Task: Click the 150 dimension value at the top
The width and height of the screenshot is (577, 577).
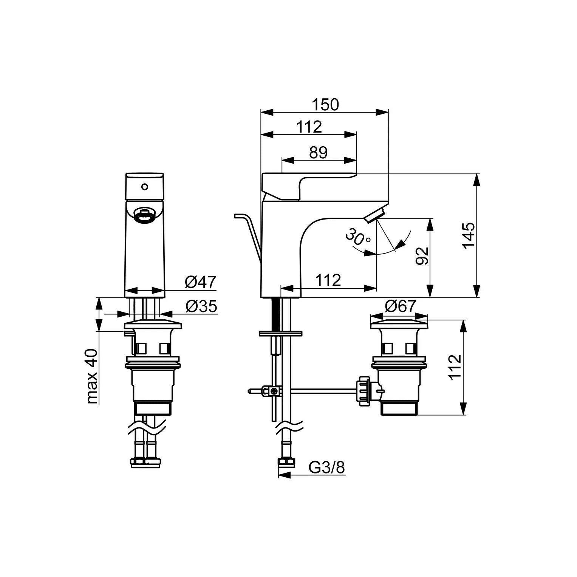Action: (x=325, y=105)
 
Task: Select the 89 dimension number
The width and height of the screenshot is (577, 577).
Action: (x=318, y=153)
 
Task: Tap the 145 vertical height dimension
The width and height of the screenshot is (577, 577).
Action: (x=468, y=235)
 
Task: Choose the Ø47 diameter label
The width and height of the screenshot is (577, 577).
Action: (x=200, y=282)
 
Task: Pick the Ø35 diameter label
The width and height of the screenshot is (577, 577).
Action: (x=201, y=306)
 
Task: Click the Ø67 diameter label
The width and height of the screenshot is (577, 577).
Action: (x=400, y=306)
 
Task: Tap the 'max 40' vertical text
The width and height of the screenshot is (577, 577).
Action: (x=92, y=376)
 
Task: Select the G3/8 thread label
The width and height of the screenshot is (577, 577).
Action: (x=327, y=468)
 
